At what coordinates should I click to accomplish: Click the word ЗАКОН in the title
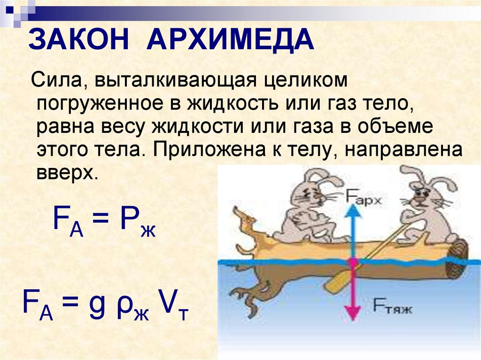(78, 39)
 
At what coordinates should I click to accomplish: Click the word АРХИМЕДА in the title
(230, 39)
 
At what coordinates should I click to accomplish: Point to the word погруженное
(100, 104)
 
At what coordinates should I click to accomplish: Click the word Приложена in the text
(209, 150)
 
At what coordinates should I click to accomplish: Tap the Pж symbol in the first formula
(138, 221)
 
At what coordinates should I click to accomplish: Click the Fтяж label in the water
(392, 306)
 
